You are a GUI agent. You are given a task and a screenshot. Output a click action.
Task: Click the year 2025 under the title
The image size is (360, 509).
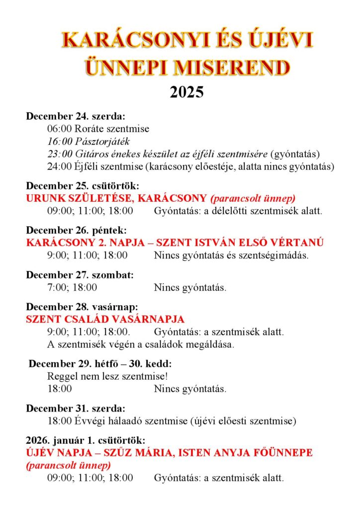186,92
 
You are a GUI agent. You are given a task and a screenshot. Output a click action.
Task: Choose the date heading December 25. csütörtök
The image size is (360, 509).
82,186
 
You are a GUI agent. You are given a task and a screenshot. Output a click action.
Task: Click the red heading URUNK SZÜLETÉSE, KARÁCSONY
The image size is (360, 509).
116,198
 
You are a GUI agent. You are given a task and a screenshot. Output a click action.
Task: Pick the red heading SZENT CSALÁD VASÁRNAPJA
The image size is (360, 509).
105,319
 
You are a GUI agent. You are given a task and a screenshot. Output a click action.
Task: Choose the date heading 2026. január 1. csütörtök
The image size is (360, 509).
86,440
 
